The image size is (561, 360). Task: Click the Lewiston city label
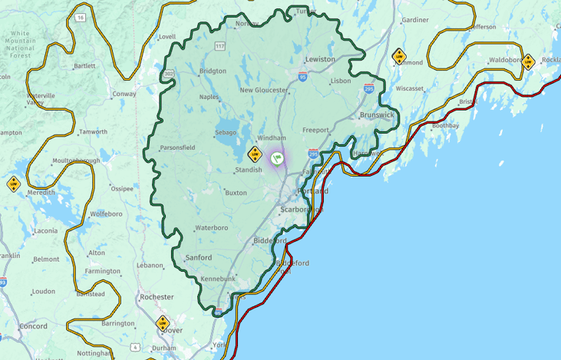[x=320, y=59]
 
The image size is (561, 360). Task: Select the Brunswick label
[x=377, y=115]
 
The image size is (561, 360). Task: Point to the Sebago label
[x=226, y=132]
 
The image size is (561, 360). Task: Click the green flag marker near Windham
[x=277, y=157]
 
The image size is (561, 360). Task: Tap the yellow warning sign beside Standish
[x=255, y=154]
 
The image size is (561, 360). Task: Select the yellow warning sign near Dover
[x=162, y=322]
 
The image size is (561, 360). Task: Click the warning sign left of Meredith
[x=13, y=183]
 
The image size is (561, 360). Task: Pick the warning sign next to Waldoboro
[x=527, y=61]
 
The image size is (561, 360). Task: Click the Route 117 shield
[x=220, y=46]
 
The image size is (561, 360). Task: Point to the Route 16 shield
[x=81, y=16]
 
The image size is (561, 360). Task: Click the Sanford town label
[x=198, y=258]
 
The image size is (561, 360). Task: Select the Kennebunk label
[x=218, y=279]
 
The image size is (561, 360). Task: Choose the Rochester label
[x=157, y=296]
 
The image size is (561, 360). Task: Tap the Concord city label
[x=33, y=326]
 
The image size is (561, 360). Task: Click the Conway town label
[x=124, y=94]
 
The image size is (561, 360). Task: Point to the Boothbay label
[x=445, y=125]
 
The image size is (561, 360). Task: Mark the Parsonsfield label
[x=177, y=147]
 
